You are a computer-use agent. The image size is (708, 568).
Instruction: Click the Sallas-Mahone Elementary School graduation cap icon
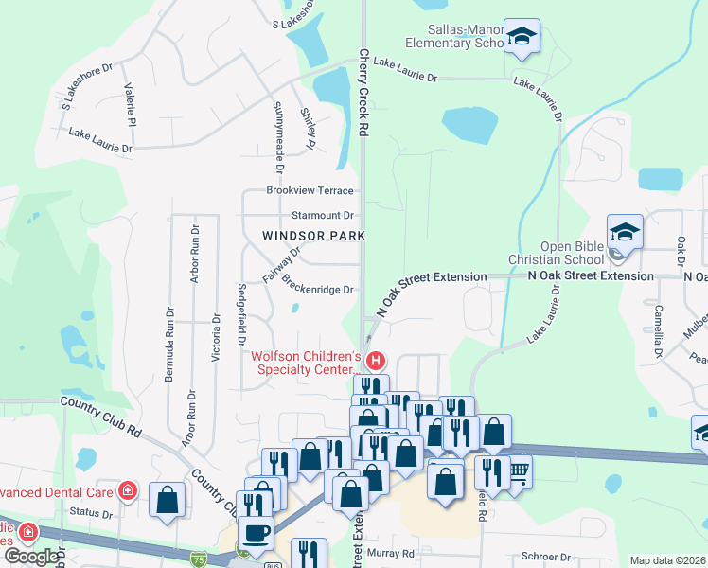coord(522,37)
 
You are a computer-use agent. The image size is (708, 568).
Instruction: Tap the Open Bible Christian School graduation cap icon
coord(625,232)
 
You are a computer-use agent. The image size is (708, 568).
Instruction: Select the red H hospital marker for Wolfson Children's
coord(376,361)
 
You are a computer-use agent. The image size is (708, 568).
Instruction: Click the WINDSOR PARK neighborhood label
coord(301,235)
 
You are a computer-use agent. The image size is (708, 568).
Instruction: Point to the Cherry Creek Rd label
coord(363,95)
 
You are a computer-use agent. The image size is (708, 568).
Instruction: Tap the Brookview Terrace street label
coord(310,190)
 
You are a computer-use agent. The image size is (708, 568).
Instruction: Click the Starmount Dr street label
coord(322,216)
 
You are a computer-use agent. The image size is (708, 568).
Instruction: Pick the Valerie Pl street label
coord(131,105)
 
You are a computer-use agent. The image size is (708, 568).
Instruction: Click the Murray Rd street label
coord(394,553)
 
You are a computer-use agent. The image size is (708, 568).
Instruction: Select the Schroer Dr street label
coord(542,557)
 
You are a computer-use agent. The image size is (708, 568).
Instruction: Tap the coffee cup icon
coord(256,533)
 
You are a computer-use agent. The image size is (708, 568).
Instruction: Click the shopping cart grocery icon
coord(516,470)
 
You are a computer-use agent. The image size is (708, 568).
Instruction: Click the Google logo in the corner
coord(31,556)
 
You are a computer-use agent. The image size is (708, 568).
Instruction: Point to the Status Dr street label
coord(92,514)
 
